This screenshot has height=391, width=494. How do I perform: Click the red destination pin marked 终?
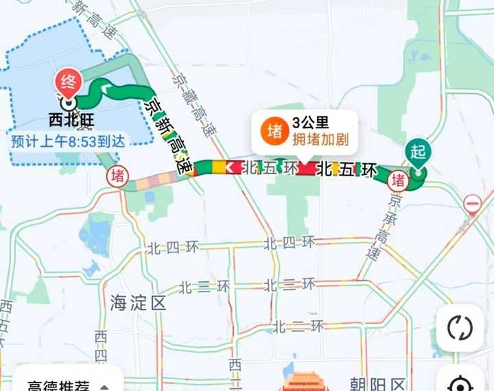click(69, 82)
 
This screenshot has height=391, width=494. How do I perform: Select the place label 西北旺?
click(71, 120)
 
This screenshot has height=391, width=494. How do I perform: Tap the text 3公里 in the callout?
click(311, 123)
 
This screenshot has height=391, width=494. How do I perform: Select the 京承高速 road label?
click(383, 227)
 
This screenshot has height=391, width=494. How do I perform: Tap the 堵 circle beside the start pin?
click(397, 180)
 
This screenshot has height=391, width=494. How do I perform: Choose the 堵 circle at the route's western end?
click(118, 176)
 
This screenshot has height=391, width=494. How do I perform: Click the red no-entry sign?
click(472, 204)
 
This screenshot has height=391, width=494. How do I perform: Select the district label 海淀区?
click(138, 303)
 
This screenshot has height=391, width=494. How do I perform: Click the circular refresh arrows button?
click(460, 328)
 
